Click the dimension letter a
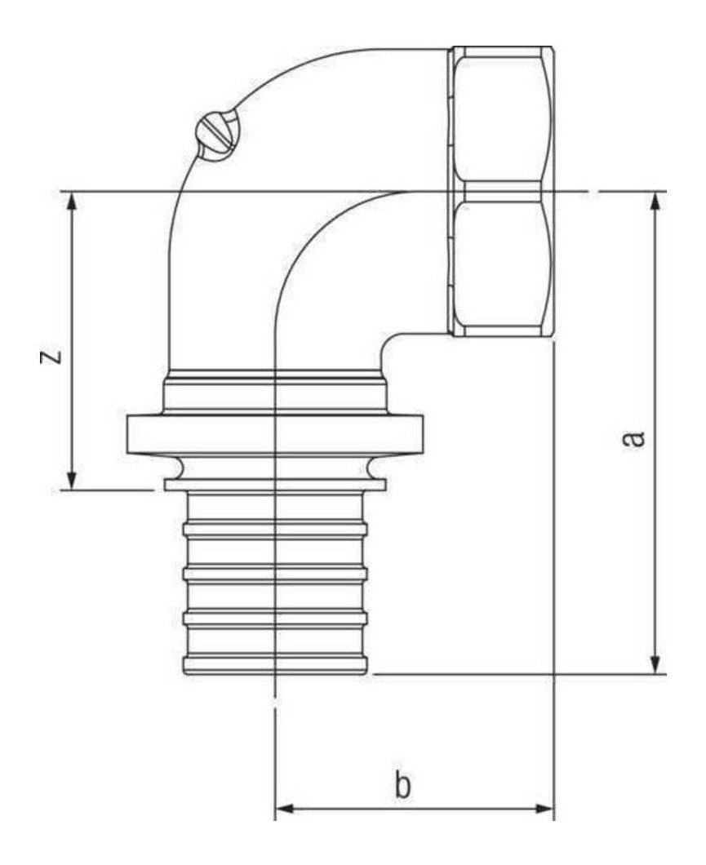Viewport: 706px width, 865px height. click(633, 438)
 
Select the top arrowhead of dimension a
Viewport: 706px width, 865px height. click(655, 204)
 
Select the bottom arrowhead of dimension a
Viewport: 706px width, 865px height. click(655, 662)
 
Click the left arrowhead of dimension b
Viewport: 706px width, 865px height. click(287, 810)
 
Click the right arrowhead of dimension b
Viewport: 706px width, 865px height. click(541, 810)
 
